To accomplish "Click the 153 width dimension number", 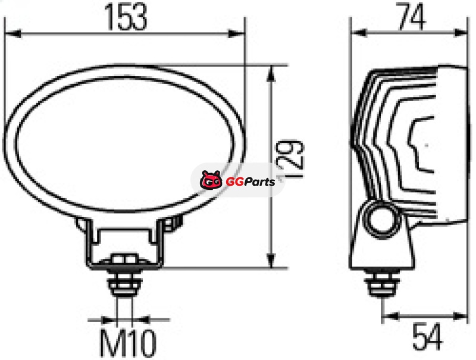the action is click(126, 17).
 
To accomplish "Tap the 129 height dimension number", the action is click(290, 158).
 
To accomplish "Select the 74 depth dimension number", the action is click(412, 17).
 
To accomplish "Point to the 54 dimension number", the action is click(427, 336).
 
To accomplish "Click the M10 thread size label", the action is click(128, 343).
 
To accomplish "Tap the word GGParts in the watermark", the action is click(250, 181).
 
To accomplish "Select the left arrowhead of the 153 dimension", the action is click(13, 33).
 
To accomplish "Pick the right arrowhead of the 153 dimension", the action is click(236, 33).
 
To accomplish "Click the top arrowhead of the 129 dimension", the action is click(271, 74).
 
